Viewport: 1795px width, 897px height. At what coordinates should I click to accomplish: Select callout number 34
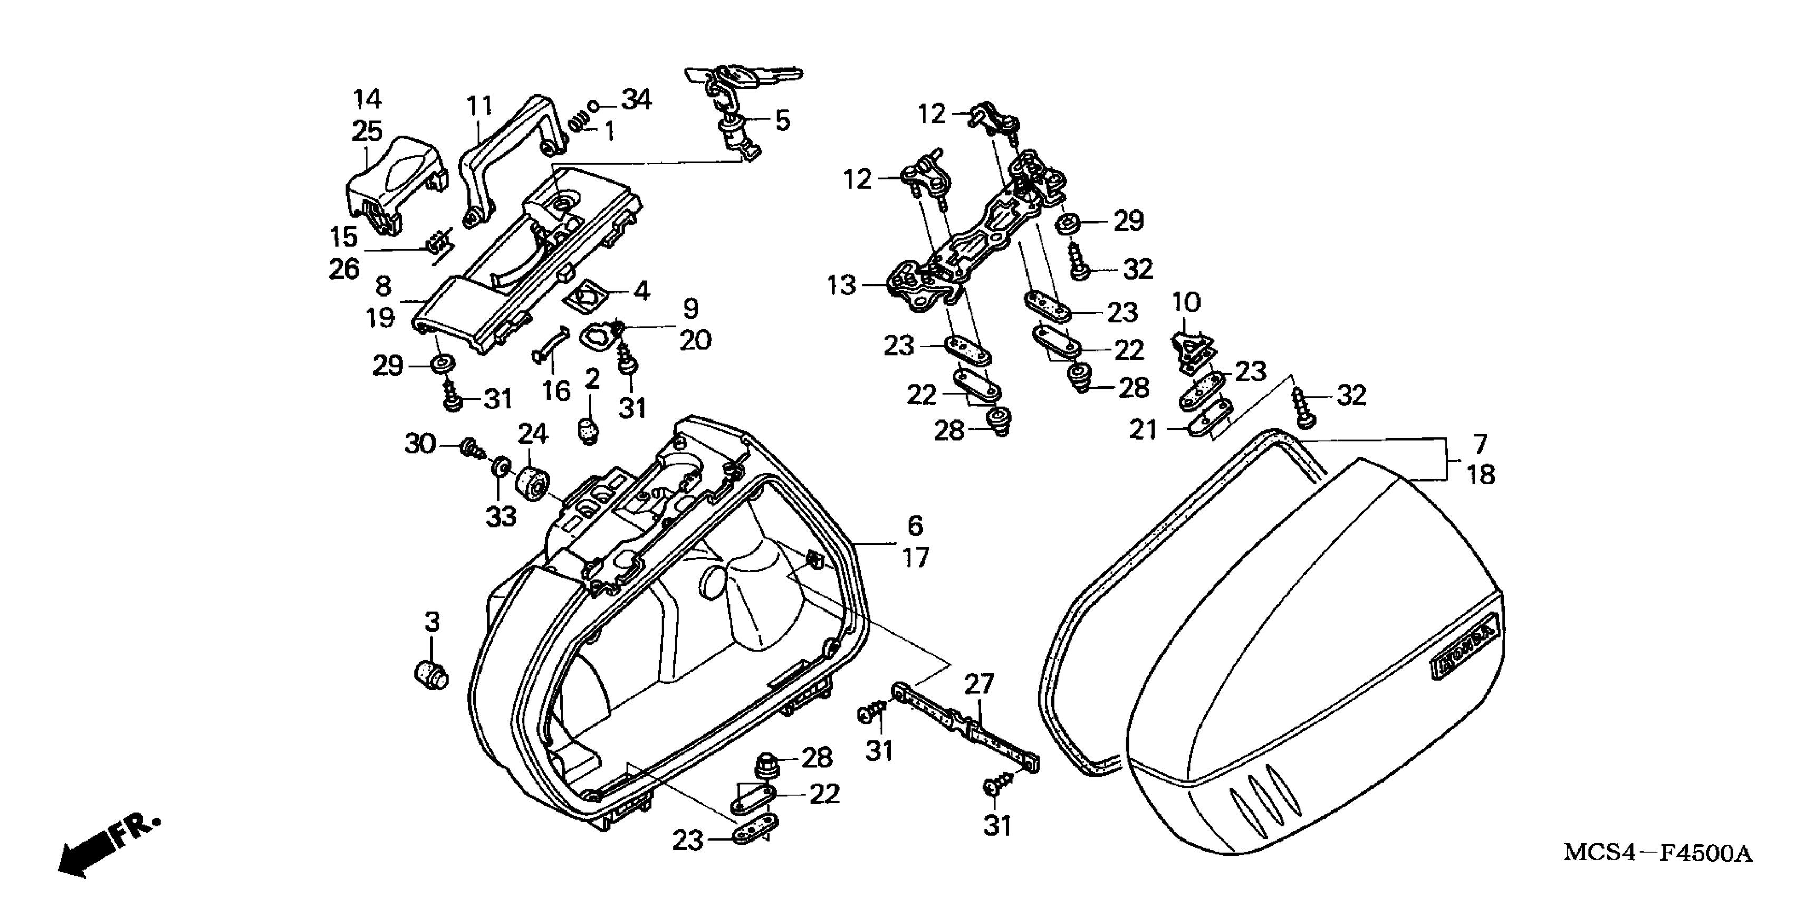pyautogui.click(x=636, y=100)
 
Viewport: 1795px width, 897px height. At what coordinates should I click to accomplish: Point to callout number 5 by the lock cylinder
pyautogui.click(x=783, y=121)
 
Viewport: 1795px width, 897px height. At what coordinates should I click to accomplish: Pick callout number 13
pyautogui.click(x=841, y=285)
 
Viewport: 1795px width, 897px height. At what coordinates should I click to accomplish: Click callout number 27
pyautogui.click(x=978, y=684)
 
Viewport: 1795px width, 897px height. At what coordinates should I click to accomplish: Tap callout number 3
pyautogui.click(x=433, y=622)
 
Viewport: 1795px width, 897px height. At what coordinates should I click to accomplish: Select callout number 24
pyautogui.click(x=532, y=434)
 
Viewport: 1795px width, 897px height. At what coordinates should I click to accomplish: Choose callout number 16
pyautogui.click(x=556, y=391)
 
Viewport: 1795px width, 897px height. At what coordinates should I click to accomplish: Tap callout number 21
pyautogui.click(x=1143, y=431)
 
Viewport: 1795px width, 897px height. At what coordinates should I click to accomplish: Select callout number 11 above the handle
pyautogui.click(x=479, y=106)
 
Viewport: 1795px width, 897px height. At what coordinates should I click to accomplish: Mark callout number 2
pyautogui.click(x=592, y=379)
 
